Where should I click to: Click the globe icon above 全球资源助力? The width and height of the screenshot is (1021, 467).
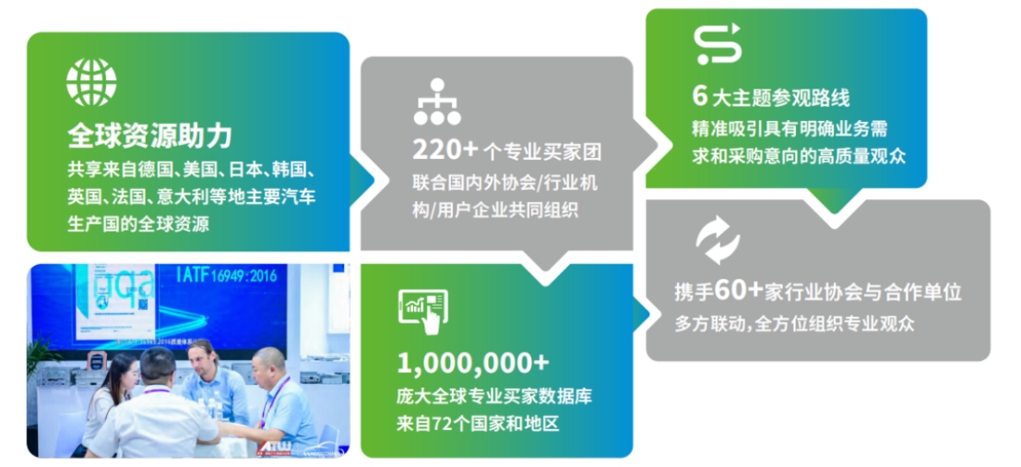tap(91, 82)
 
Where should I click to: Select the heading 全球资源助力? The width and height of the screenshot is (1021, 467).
tap(149, 137)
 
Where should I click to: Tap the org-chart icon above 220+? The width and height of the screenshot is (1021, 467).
tap(437, 102)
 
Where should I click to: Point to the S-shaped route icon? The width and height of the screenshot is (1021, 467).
tap(718, 43)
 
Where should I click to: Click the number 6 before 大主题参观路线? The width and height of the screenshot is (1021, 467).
tap(700, 96)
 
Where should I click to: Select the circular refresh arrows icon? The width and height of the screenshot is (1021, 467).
tap(718, 240)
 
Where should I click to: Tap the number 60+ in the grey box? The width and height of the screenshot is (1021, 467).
tap(739, 291)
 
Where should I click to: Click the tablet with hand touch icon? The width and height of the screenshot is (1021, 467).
tap(422, 311)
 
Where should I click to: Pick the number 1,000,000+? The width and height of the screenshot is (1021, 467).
tap(473, 364)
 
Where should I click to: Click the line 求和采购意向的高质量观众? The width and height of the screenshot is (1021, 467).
tap(799, 156)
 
